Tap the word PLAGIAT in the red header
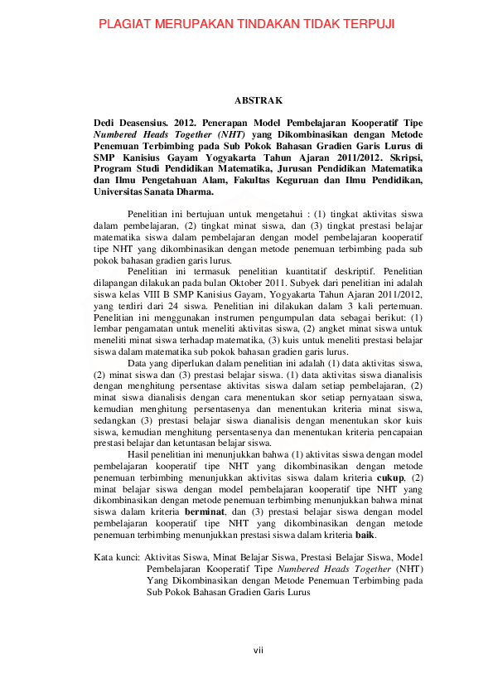point(125,25)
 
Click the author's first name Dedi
point(106,123)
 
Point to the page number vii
point(258,649)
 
